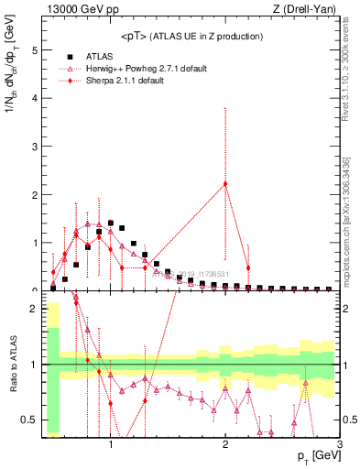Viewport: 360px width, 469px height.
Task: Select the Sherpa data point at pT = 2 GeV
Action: pyautogui.click(x=225, y=184)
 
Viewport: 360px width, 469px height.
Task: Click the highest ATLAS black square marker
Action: pyautogui.click(x=111, y=223)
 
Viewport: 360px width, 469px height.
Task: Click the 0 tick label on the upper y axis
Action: pyautogui.click(x=35, y=290)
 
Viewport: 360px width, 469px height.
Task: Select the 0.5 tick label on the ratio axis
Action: pyautogui.click(x=30, y=420)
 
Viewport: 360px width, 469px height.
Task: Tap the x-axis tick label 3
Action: pyautogui.click(x=340, y=446)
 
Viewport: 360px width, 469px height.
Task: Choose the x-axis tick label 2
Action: pyautogui.click(x=225, y=446)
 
